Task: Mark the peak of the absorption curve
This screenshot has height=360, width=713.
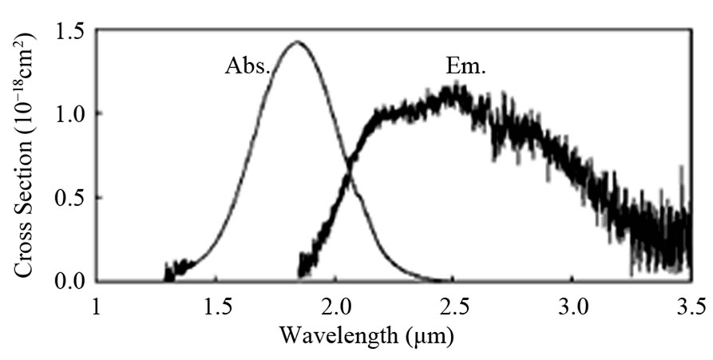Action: [297, 42]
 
